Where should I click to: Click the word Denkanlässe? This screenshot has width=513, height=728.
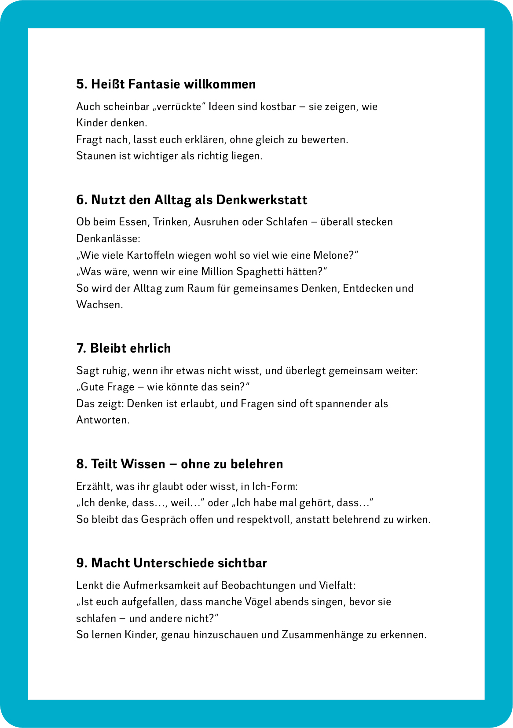click(x=108, y=239)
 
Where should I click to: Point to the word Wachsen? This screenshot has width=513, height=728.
click(x=99, y=305)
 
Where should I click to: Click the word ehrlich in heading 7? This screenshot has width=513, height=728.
click(x=150, y=348)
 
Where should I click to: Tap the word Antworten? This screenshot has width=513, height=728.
click(x=103, y=420)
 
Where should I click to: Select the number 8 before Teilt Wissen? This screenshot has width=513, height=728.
click(x=80, y=464)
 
